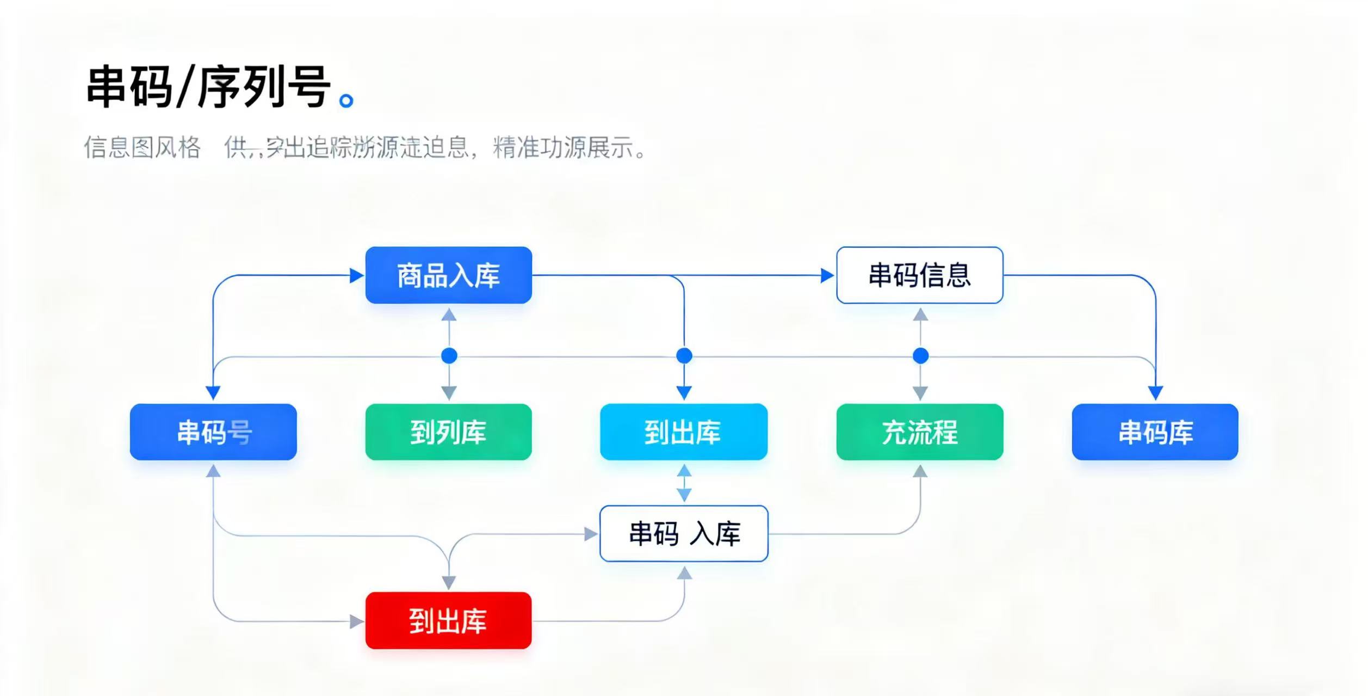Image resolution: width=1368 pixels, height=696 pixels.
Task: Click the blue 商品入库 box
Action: [x=448, y=275]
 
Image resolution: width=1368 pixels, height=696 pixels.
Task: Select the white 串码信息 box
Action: [x=919, y=275]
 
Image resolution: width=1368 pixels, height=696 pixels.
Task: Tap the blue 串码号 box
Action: [x=213, y=432]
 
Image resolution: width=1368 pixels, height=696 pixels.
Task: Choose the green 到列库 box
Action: [x=448, y=432]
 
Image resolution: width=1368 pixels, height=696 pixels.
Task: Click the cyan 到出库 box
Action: [x=683, y=432]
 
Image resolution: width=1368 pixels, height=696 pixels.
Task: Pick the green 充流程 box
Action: [x=919, y=432]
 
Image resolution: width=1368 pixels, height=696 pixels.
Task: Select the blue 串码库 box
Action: [x=1155, y=432]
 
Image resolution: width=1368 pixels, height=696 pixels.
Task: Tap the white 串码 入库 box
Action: [x=683, y=534]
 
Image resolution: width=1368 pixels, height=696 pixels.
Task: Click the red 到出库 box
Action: [x=448, y=620]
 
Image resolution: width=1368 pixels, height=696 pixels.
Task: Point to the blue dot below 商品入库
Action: [x=449, y=356]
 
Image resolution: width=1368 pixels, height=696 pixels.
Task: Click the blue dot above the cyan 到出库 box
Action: [x=684, y=356]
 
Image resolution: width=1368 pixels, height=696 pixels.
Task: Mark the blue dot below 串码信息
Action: [x=920, y=356]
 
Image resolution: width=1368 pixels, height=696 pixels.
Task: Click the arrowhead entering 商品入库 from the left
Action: [x=356, y=276]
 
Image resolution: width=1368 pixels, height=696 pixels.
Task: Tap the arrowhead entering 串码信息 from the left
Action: [x=827, y=276]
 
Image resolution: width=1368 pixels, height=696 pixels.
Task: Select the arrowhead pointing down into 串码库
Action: [x=1155, y=392]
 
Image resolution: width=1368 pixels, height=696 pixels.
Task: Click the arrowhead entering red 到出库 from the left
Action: [x=356, y=621]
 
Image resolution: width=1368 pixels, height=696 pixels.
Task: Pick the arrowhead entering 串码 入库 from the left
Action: [x=591, y=534]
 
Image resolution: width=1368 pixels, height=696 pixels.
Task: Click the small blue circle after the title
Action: [x=346, y=101]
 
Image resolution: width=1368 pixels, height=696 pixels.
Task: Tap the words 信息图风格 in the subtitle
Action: [x=142, y=147]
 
